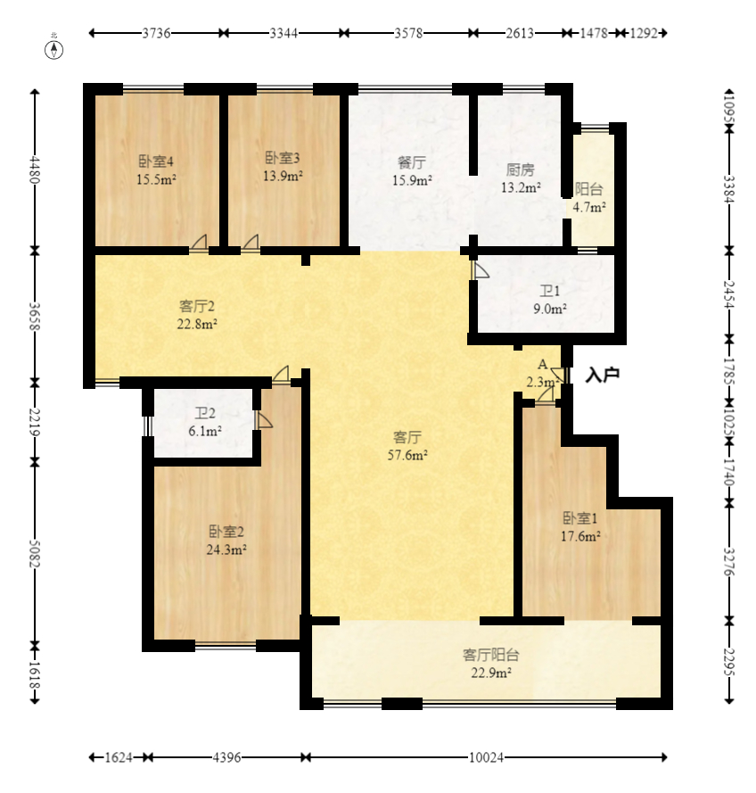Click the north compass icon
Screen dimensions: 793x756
[x=54, y=48]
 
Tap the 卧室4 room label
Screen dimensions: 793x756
[x=155, y=161]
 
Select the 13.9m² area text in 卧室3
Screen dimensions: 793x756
[x=283, y=176]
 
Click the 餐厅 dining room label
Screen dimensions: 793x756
[x=411, y=163]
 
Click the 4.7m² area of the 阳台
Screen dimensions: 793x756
[x=589, y=207]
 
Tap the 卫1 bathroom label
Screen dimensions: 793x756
[x=550, y=292]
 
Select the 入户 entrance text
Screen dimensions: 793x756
[x=602, y=376]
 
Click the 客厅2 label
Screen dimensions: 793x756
[x=197, y=306]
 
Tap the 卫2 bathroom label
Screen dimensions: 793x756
[x=206, y=414]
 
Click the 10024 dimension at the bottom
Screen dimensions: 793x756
[x=486, y=757]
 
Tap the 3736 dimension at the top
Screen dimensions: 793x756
[x=156, y=33]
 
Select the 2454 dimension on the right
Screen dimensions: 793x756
[x=729, y=294]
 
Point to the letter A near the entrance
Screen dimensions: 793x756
[x=542, y=365]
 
